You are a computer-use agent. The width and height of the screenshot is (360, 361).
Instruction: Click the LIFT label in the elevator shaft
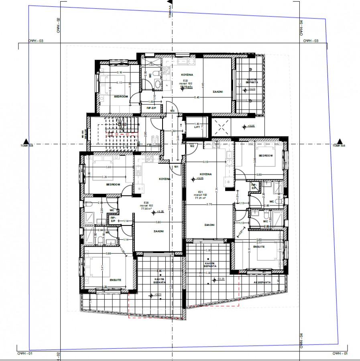click(197, 128)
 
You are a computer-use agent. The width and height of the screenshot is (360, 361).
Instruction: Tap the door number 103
click(172, 110)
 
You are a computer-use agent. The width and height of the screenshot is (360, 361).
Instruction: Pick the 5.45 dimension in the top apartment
click(197, 97)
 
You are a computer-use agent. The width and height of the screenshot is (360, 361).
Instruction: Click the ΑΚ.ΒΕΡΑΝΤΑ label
click(262, 282)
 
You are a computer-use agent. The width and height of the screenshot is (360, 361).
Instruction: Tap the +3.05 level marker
click(250, 126)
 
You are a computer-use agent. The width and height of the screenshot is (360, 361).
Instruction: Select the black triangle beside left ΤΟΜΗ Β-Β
click(26, 141)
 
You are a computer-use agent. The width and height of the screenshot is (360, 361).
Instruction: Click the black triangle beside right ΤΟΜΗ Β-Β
click(340, 141)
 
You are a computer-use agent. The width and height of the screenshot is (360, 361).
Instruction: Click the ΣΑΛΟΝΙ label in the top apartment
click(218, 91)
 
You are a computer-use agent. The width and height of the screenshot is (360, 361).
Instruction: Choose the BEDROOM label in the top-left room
click(121, 97)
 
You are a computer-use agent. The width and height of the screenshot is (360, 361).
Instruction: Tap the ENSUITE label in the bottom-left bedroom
click(115, 280)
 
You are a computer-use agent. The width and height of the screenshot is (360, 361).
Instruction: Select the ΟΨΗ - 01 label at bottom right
click(340, 353)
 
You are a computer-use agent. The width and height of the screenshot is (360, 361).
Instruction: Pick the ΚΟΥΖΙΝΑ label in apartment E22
click(187, 75)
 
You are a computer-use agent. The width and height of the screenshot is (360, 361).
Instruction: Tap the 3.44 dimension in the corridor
click(178, 139)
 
